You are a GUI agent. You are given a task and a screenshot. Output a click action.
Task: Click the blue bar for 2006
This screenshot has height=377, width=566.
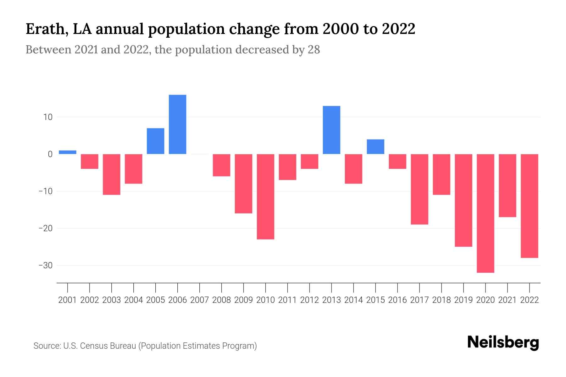[177, 124]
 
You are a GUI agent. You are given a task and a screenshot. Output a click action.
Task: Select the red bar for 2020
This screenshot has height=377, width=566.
[485, 213]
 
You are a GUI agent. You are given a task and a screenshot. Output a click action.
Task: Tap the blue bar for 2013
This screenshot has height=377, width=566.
[331, 130]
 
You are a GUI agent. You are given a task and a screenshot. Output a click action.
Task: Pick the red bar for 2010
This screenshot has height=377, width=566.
[265, 197]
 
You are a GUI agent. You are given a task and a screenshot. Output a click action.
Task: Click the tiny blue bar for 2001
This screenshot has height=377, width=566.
[68, 152]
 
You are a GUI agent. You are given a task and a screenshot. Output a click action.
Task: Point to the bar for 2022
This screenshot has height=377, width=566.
[530, 206]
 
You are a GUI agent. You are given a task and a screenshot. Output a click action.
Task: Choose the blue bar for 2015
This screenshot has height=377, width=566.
[375, 147]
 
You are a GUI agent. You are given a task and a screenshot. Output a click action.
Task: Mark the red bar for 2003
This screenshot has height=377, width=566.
[112, 174]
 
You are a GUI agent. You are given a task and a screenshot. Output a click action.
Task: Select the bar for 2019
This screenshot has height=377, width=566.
[463, 200]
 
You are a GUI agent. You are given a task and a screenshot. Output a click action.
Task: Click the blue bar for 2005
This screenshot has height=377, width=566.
[155, 141]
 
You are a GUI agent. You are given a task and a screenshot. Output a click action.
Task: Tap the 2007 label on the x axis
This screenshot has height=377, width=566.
[199, 300]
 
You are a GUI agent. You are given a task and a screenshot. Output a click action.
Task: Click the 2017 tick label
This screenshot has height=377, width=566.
[419, 300]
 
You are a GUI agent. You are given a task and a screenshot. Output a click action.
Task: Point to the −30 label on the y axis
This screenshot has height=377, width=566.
[45, 265]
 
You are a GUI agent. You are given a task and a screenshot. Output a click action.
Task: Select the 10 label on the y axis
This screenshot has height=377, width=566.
[48, 117]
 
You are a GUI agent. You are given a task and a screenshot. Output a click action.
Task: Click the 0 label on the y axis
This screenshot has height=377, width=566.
[50, 154]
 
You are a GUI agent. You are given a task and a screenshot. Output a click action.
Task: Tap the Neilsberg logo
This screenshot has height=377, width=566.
[503, 343]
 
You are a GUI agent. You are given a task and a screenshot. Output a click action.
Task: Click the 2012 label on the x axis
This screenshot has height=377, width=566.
[309, 300]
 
